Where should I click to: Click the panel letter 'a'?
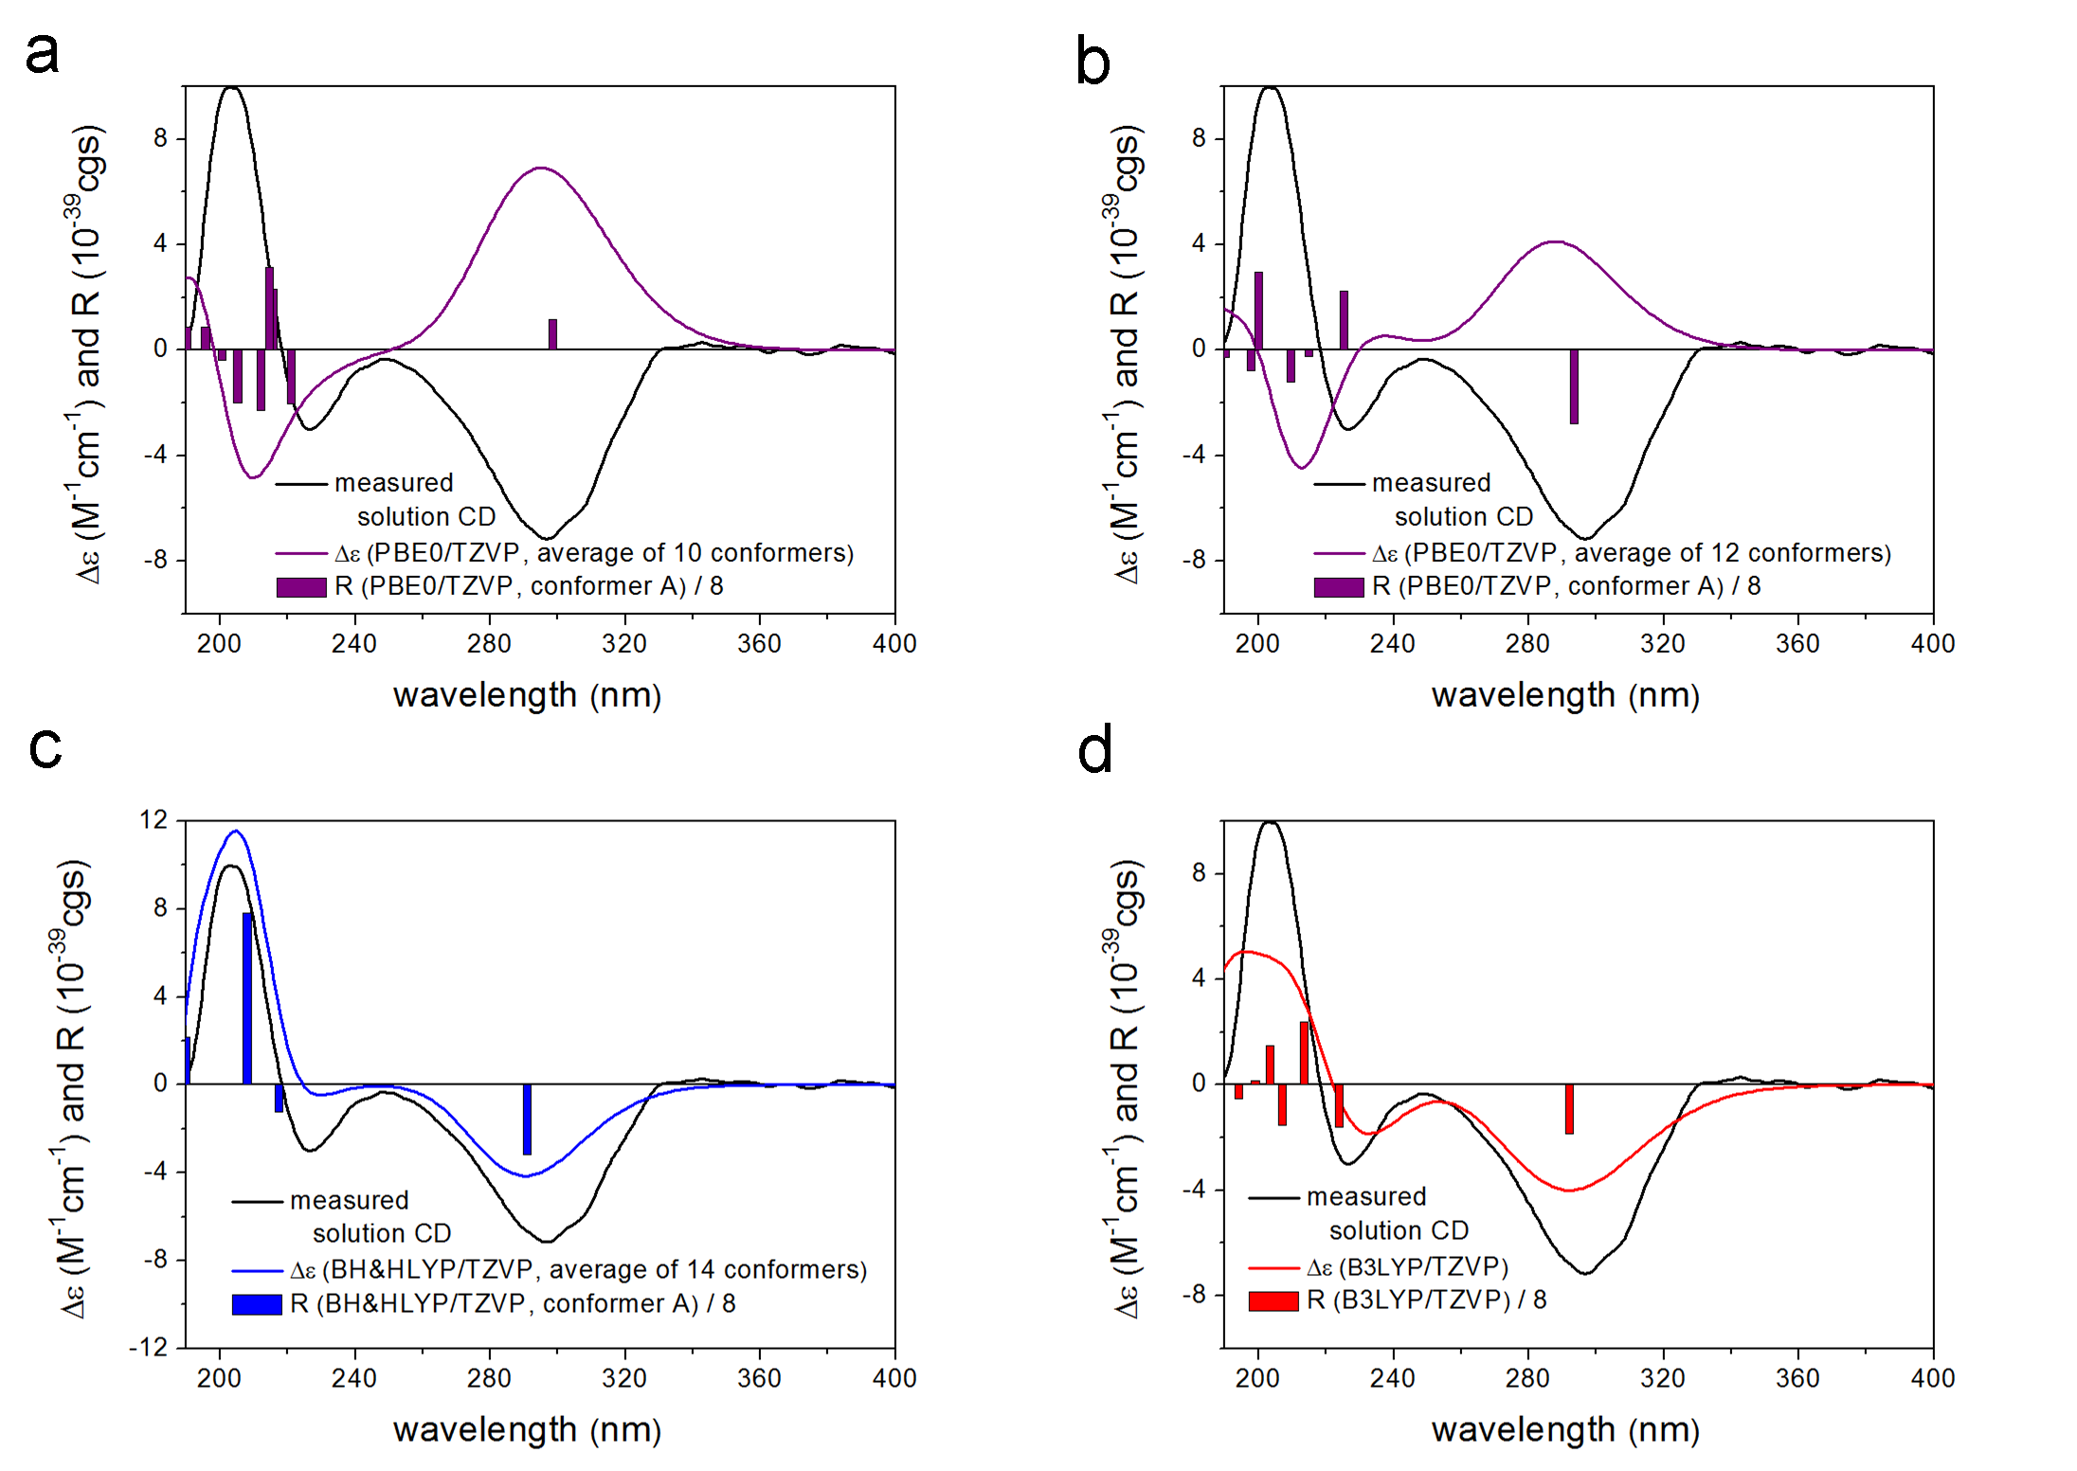pyautogui.click(x=42, y=52)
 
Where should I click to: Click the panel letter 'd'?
pyautogui.click(x=1094, y=751)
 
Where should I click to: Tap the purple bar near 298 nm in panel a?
pyautogui.click(x=552, y=334)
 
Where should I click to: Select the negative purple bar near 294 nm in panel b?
pyautogui.click(x=1574, y=386)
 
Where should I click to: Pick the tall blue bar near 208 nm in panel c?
pyautogui.click(x=247, y=997)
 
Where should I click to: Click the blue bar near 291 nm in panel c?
pyautogui.click(x=527, y=1119)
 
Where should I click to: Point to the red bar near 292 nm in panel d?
pyautogui.click(x=1569, y=1108)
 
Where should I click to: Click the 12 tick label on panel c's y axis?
pyautogui.click(x=154, y=819)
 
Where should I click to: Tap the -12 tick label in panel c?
pyautogui.click(x=149, y=1347)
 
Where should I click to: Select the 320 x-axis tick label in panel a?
pyautogui.click(x=624, y=644)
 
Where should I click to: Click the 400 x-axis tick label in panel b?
pyautogui.click(x=1933, y=644)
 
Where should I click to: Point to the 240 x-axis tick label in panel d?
pyautogui.click(x=1392, y=1378)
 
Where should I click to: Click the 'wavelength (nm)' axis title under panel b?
pyautogui.click(x=1565, y=695)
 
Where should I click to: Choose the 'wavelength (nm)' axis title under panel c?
pyautogui.click(x=527, y=1429)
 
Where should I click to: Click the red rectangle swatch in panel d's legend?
pyautogui.click(x=1273, y=1301)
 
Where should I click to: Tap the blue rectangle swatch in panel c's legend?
pyautogui.click(x=257, y=1304)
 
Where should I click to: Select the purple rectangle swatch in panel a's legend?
pyautogui.click(x=301, y=587)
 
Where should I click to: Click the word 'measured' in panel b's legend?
pyautogui.click(x=1431, y=483)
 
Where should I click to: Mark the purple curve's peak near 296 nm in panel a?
pyautogui.click(x=540, y=168)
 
